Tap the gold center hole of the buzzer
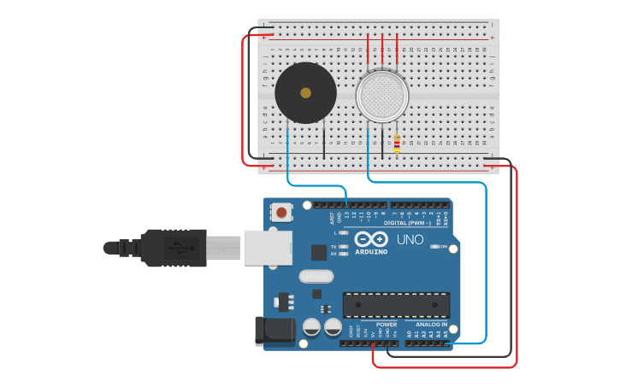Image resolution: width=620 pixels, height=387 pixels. (x=305, y=92)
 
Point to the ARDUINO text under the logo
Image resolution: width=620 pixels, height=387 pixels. (x=371, y=252)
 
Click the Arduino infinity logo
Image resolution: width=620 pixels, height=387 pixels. (x=371, y=239)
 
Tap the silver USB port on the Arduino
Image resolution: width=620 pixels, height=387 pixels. (x=268, y=247)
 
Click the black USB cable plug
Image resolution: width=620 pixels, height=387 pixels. (x=171, y=248)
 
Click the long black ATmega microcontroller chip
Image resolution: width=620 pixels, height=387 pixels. (x=396, y=305)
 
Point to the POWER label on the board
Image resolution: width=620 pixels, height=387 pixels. (x=387, y=325)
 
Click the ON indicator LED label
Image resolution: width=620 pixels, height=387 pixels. (x=443, y=248)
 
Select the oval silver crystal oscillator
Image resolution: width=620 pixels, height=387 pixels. (x=316, y=276)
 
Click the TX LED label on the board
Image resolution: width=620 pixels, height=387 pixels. (x=334, y=246)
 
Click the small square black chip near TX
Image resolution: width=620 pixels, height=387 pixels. (x=318, y=252)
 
